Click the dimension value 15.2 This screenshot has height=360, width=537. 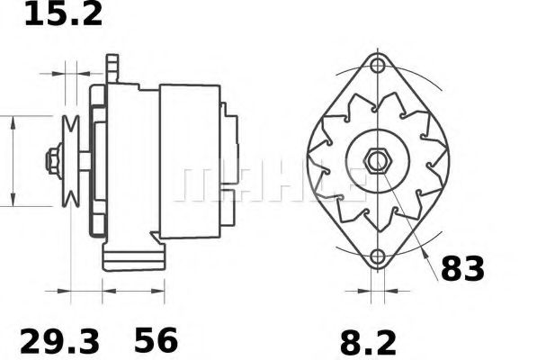click(x=62, y=14)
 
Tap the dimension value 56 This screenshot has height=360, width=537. click(x=157, y=340)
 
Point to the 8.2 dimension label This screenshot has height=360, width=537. click(x=371, y=341)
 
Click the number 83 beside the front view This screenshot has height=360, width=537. click(x=462, y=268)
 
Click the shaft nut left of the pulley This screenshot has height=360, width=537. click(x=52, y=162)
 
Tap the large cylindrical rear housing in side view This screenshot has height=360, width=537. click(x=189, y=162)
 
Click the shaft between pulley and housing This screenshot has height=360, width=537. click(x=85, y=162)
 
